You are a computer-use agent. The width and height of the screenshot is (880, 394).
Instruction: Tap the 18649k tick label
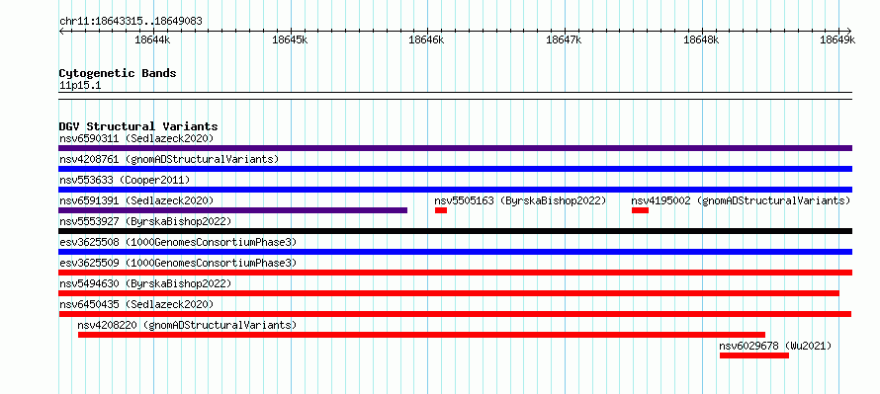837,39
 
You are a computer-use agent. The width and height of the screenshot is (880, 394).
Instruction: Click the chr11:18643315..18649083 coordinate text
131,22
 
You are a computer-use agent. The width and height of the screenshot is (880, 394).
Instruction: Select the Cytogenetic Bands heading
118,73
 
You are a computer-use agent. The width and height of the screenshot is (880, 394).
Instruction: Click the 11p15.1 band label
80,86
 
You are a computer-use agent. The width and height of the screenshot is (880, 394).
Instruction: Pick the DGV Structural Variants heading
138,126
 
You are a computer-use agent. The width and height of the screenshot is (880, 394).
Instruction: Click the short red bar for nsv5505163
441,210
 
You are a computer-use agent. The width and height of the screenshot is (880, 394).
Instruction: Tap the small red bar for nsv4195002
640,210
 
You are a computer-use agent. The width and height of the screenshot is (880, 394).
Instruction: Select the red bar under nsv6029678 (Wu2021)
754,355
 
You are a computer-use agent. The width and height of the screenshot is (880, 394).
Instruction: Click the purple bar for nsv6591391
233,210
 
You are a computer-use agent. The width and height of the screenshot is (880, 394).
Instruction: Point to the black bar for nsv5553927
455,231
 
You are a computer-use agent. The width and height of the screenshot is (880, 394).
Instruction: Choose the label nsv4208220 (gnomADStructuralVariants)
187,325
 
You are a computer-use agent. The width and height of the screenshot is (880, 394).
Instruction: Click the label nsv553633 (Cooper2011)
125,180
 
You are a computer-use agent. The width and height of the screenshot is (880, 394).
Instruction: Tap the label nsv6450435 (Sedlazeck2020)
136,304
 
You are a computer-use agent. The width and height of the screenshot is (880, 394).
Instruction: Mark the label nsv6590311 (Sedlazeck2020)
136,138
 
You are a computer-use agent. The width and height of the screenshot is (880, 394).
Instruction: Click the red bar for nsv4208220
421,335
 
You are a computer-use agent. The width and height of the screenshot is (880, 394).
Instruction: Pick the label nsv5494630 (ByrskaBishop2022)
145,283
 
